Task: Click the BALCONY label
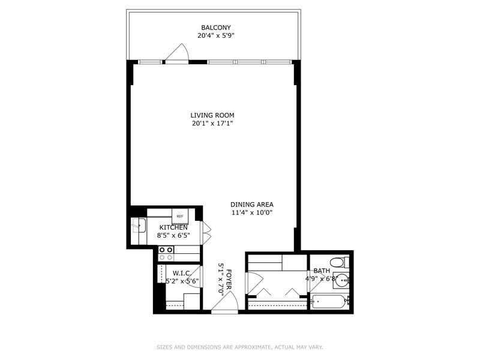216,28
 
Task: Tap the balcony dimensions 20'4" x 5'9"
216,35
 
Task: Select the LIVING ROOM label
212,115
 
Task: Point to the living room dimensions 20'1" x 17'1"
212,124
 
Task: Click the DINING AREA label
252,205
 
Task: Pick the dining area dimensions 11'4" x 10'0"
252,212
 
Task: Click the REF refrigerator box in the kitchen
180,216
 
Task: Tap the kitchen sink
138,226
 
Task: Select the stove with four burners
166,253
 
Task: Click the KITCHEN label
173,227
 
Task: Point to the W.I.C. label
182,273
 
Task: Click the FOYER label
229,279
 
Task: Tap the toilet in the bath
340,263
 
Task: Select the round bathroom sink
341,280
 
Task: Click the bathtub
329,302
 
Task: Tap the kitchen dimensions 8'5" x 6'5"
173,235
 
